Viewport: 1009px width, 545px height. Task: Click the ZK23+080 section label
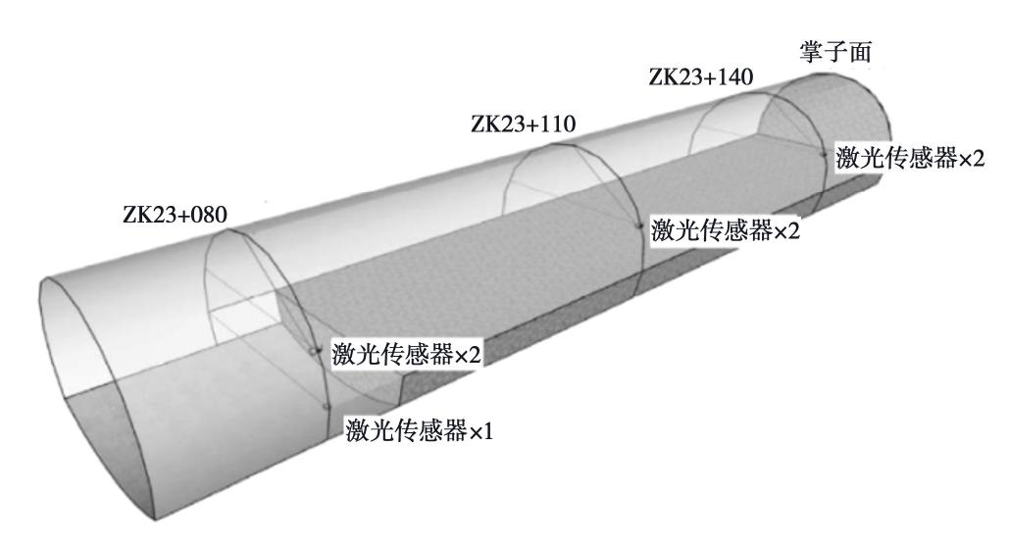(175, 215)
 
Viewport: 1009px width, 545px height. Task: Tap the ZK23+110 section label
(524, 124)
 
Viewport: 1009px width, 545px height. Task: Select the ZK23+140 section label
(701, 77)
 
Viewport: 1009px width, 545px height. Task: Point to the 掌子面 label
(835, 52)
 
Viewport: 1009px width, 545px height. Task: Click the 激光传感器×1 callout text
(420, 430)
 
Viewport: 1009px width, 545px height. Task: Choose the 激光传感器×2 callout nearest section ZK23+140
(910, 157)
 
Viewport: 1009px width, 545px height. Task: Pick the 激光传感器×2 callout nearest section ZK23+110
(726, 229)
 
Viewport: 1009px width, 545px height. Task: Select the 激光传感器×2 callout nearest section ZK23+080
(407, 354)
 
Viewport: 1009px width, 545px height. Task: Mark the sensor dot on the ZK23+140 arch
(824, 153)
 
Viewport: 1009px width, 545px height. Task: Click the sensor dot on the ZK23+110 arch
(639, 225)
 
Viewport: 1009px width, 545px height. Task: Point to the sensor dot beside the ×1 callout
(327, 407)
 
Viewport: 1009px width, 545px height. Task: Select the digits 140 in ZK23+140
(734, 77)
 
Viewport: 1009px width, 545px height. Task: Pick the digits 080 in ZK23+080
(209, 215)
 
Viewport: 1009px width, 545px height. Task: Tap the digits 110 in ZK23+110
(557, 124)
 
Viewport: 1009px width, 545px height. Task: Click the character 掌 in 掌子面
(812, 52)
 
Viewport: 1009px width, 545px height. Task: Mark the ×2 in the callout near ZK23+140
(972, 158)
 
